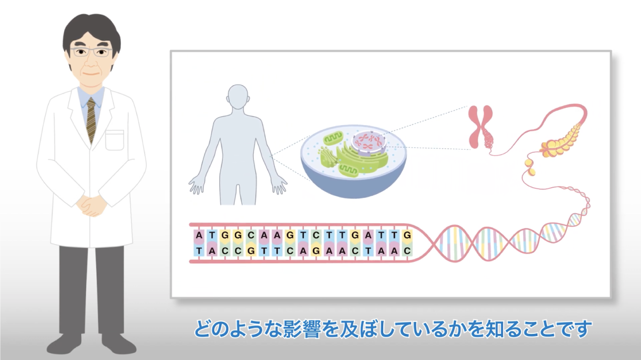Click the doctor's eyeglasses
(91, 52)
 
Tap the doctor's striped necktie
(91, 120)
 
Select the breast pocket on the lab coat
(115, 140)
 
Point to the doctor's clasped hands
(91, 205)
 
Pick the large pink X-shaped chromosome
(480, 126)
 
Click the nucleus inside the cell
(369, 142)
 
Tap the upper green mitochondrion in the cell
(333, 138)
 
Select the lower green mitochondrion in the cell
(348, 171)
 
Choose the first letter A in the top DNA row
(199, 235)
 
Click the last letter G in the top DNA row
(407, 235)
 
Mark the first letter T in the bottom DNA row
(199, 251)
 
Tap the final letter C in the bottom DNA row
(407, 251)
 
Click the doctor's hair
(91, 29)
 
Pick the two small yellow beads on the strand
(530, 167)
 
